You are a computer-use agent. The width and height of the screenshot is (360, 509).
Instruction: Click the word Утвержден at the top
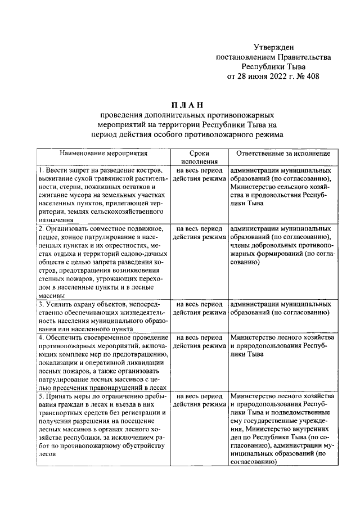(x=273, y=47)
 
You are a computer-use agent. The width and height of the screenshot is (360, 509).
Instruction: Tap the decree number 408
(x=310, y=76)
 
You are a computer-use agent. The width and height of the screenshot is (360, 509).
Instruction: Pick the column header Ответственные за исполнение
(x=283, y=153)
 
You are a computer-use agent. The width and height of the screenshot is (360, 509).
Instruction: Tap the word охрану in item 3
(x=81, y=304)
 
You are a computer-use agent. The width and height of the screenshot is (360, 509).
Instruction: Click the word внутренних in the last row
(x=309, y=429)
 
